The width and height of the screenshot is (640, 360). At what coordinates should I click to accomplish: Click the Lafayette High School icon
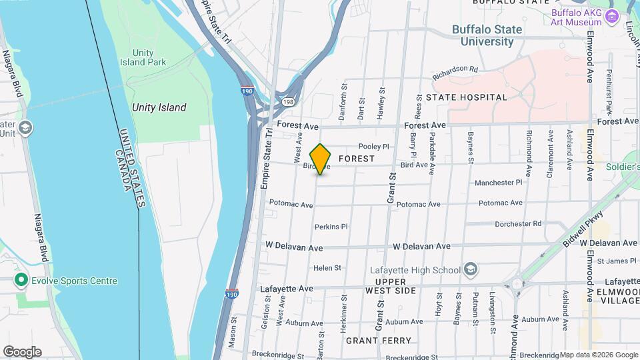471,269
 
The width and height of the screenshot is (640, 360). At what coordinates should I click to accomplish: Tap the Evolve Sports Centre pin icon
21,281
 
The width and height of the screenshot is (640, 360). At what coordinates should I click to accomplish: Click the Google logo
22,352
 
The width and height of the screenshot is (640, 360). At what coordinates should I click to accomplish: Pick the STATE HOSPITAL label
467,97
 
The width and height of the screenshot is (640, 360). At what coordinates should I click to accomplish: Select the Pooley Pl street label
373,147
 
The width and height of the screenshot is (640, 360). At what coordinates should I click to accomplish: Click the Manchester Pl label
499,183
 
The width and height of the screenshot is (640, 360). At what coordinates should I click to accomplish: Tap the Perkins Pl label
331,227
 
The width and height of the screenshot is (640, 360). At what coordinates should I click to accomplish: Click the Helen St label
327,268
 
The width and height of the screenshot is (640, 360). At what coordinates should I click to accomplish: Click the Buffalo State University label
483,35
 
